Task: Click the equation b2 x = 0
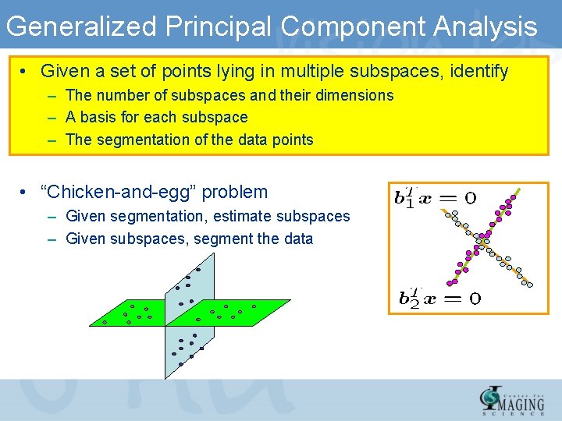[439, 297]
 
